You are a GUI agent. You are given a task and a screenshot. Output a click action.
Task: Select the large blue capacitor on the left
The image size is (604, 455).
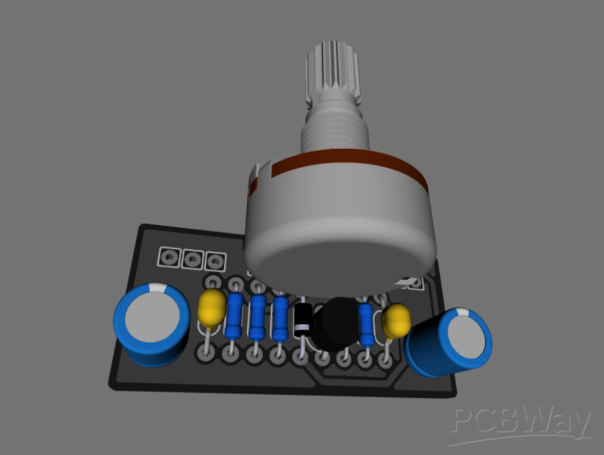click(150, 325)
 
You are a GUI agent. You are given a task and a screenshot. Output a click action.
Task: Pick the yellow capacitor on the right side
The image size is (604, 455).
click(397, 320)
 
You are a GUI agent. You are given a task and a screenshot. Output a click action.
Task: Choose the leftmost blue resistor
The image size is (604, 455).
click(233, 316)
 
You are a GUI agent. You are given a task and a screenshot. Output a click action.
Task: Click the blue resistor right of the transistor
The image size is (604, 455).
click(365, 324)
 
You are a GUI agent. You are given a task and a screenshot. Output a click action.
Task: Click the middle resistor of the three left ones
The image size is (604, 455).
click(257, 316)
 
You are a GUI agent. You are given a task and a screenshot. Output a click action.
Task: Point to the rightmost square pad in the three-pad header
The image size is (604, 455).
click(214, 260)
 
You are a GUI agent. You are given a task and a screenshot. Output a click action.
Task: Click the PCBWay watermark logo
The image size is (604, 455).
click(522, 422)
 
